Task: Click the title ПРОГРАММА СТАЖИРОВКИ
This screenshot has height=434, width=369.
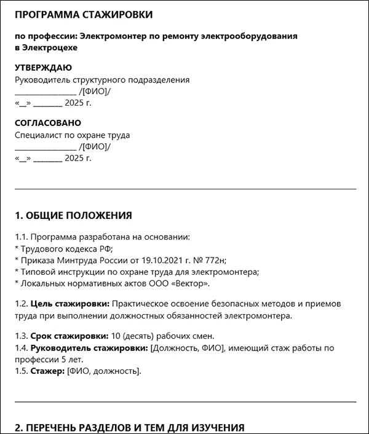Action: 84,14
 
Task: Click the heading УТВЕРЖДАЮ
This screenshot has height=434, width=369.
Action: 43,68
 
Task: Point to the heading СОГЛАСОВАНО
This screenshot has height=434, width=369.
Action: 48,123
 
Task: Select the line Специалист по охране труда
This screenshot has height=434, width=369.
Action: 72,135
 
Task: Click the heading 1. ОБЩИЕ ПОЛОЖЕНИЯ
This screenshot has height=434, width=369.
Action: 73,215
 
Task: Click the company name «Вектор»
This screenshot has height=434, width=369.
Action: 191,283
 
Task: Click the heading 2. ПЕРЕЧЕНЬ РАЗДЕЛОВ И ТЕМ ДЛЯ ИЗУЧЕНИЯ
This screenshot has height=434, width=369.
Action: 129,427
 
